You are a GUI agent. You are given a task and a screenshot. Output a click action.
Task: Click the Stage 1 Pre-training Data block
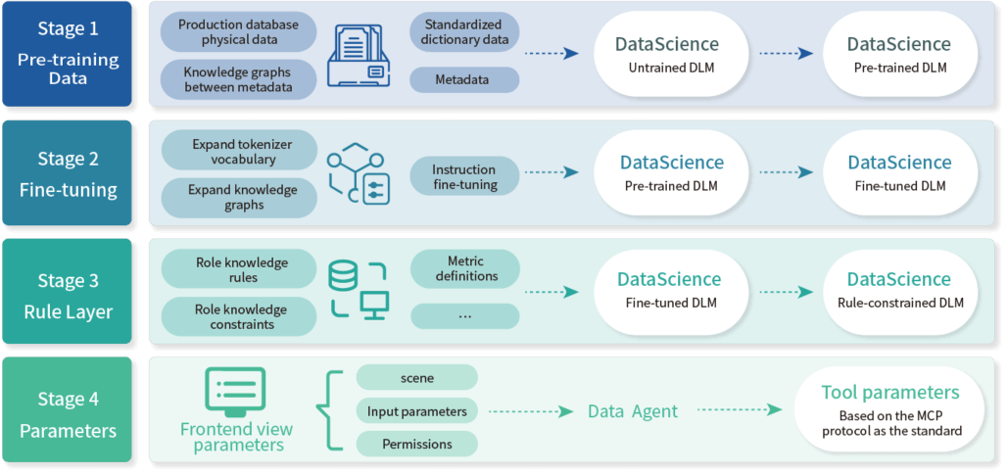(68, 53)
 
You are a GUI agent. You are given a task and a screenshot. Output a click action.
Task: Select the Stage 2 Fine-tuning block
(68, 173)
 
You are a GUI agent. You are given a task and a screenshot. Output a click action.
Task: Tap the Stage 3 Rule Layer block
(68, 296)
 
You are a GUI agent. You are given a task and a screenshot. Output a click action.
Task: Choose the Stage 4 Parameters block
(68, 414)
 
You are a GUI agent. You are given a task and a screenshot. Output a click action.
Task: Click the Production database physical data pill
(238, 32)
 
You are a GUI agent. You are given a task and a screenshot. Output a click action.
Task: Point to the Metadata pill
(462, 79)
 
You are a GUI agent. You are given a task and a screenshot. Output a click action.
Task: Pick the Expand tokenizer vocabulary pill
(241, 152)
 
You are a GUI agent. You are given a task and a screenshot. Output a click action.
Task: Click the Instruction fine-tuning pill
(464, 177)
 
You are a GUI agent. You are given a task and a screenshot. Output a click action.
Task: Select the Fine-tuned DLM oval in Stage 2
(898, 172)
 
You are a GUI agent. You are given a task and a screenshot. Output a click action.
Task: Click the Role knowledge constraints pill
(241, 316)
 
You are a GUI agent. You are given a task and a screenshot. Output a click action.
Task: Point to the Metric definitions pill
(465, 268)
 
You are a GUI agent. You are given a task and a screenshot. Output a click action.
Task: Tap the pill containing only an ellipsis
(465, 315)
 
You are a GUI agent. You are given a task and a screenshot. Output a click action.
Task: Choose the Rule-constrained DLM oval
(898, 291)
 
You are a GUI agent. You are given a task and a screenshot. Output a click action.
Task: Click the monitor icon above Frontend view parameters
(234, 390)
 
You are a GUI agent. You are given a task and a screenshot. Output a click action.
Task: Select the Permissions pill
(416, 444)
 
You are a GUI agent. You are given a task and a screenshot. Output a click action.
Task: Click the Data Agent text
(633, 411)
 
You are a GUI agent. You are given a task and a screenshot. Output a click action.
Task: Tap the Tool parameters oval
(890, 409)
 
